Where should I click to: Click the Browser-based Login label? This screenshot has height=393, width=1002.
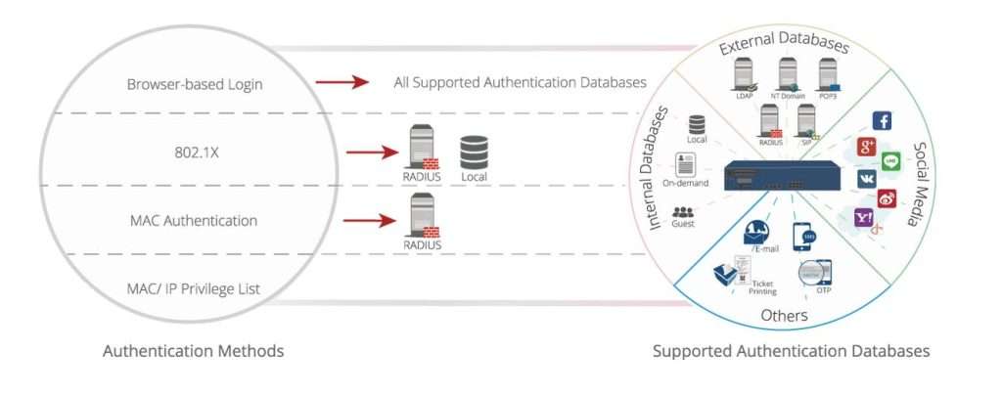195,84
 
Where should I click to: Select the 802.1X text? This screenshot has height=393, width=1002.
194,153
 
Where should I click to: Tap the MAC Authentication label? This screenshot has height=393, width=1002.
194,221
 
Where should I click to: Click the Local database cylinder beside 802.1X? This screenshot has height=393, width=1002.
475,152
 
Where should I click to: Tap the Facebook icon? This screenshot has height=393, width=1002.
881,121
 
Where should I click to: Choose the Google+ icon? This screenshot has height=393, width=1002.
865,148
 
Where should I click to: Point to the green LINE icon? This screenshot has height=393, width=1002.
890,161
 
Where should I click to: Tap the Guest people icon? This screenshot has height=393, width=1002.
684,211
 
